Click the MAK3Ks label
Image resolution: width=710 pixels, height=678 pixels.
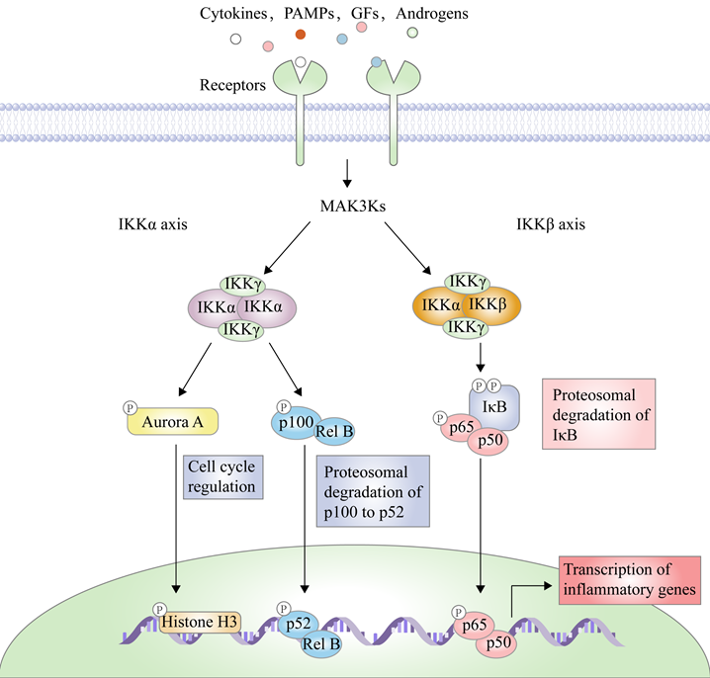[348, 206]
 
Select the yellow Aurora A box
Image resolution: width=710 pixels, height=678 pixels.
[173, 422]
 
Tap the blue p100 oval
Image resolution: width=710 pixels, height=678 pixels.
[295, 422]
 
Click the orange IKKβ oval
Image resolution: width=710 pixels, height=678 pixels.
[486, 306]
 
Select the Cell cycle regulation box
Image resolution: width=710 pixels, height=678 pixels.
[223, 477]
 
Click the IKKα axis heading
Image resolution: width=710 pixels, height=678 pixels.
[152, 225]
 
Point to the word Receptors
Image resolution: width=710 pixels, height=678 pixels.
[231, 86]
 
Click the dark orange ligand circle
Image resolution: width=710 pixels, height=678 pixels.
[302, 35]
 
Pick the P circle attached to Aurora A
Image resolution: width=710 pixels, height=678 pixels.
[130, 407]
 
